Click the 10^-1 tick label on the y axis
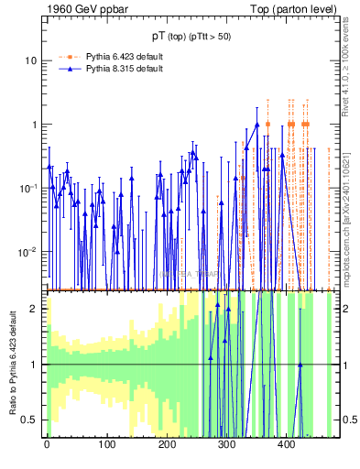coord(27,188)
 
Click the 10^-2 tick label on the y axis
coord(27,252)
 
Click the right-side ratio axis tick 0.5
coord(348,420)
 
